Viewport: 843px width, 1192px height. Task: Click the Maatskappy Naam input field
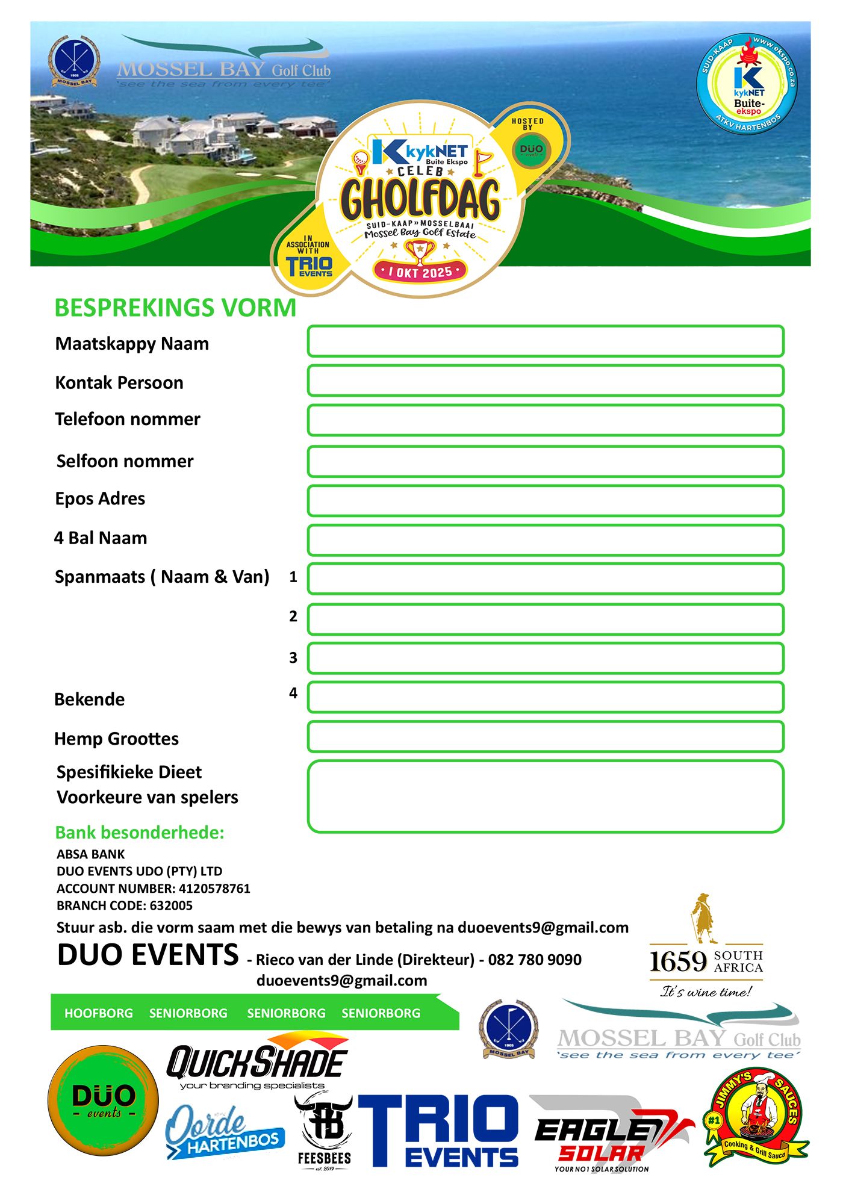pos(545,341)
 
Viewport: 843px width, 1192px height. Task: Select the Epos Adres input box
pos(545,501)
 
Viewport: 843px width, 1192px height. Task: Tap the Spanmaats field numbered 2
pos(545,619)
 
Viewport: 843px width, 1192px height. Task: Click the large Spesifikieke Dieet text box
pos(545,796)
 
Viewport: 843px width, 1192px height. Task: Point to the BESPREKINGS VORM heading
pos(175,308)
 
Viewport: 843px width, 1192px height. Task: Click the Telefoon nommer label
pos(128,419)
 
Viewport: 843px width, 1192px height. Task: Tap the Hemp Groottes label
pos(116,739)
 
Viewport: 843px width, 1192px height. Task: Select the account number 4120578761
pos(214,889)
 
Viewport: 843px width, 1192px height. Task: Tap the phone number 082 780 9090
pos(535,960)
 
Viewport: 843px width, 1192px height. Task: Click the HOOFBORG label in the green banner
pos(99,1013)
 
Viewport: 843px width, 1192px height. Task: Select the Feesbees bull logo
pos(324,1130)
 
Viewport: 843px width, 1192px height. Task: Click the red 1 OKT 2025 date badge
pos(420,272)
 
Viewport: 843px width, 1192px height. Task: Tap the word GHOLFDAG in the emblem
pos(420,199)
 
